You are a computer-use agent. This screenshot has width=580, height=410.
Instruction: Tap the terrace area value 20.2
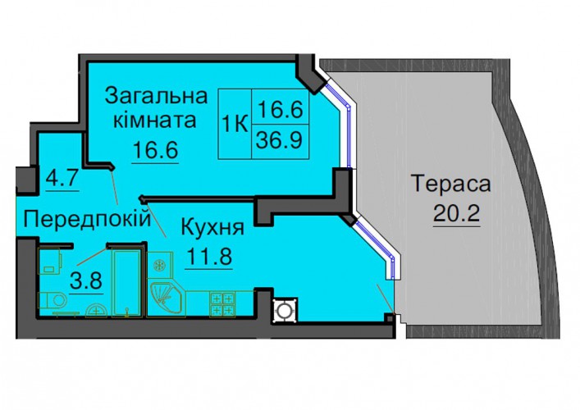click(x=456, y=212)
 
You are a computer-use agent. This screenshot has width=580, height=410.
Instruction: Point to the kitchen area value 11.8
click(x=209, y=256)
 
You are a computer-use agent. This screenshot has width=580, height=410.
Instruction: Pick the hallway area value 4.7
click(x=62, y=178)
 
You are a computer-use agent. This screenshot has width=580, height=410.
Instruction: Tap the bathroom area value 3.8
click(x=86, y=281)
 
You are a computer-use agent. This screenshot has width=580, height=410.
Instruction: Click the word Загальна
click(x=156, y=96)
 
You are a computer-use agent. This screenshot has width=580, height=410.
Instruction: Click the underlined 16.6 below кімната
click(x=155, y=149)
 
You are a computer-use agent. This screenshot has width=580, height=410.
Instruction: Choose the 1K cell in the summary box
click(x=235, y=125)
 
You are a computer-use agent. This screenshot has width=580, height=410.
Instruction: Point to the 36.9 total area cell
click(x=280, y=141)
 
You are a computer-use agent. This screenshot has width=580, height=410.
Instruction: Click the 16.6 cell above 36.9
click(x=280, y=107)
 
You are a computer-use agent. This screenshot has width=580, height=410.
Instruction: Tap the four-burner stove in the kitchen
click(x=222, y=303)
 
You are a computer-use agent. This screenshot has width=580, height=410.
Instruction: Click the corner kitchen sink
click(x=166, y=298)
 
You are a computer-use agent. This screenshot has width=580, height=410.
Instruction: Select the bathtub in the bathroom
click(x=127, y=283)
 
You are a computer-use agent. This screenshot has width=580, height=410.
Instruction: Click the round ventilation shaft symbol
click(x=285, y=310)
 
